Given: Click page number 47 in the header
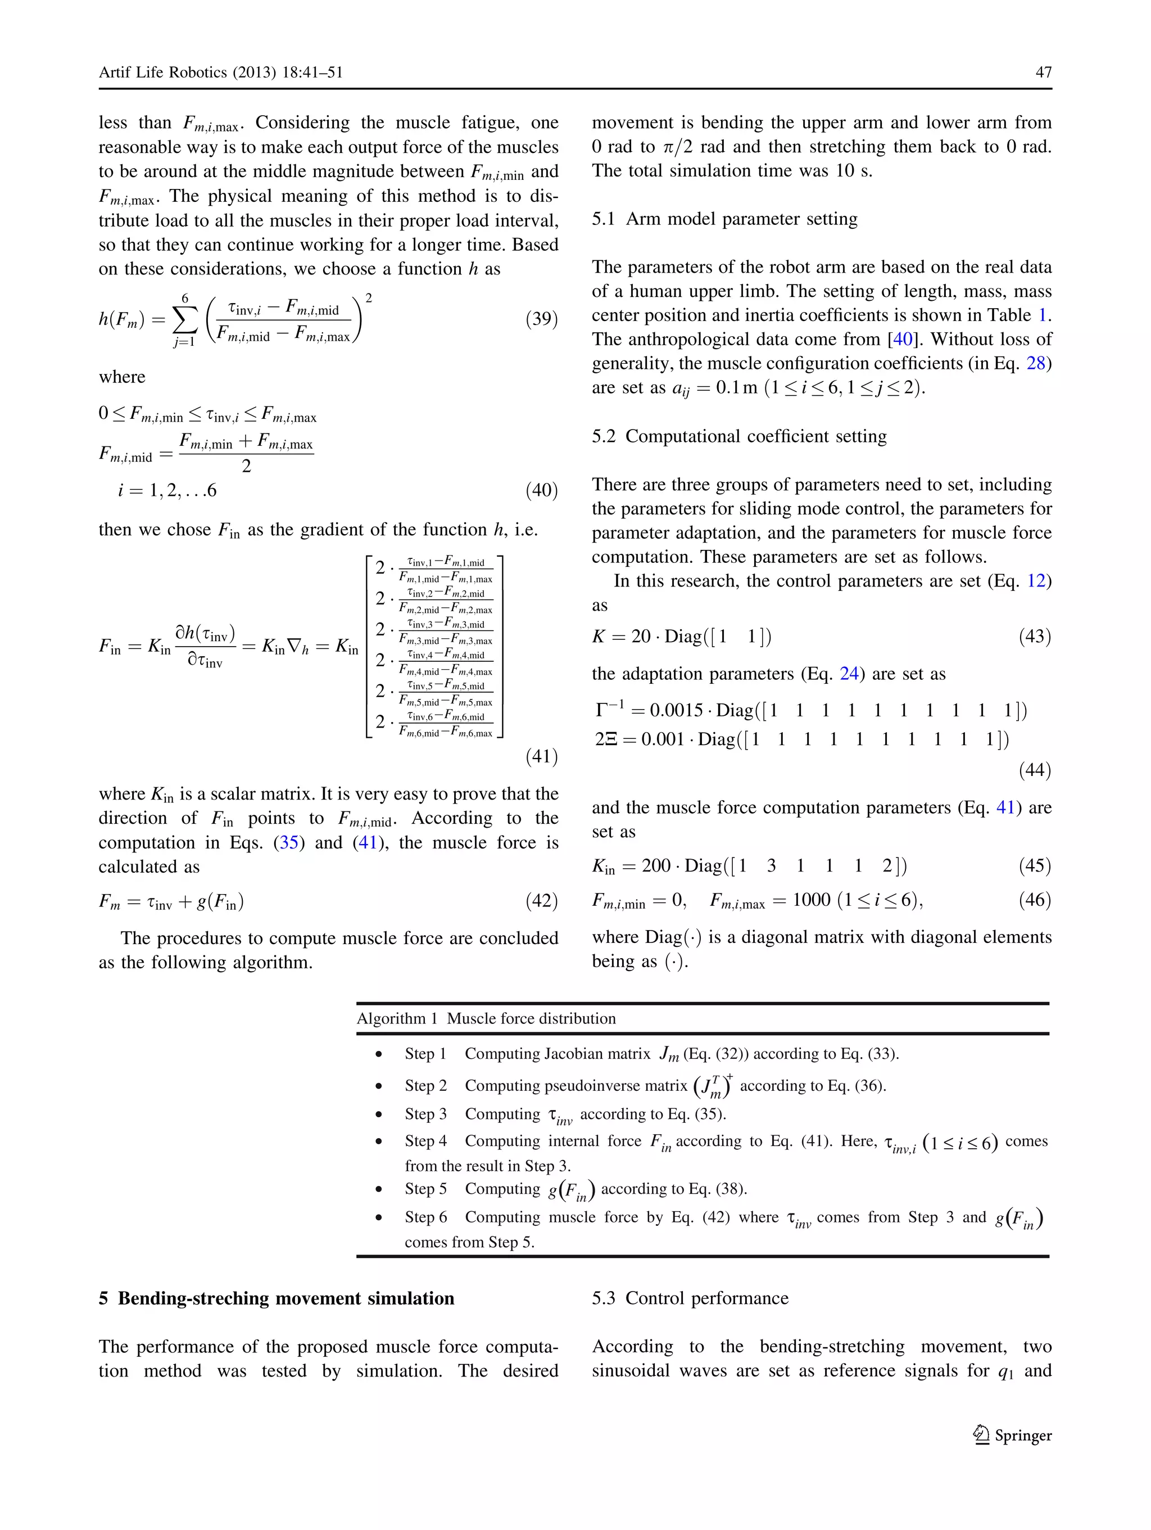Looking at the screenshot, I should click(1043, 72).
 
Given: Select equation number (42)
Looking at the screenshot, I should click(541, 901).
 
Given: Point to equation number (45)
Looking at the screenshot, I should click(1034, 865).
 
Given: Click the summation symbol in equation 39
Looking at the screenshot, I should click(184, 319).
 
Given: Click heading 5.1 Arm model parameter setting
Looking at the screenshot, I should click(724, 219).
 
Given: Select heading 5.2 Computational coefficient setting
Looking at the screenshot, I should click(738, 436).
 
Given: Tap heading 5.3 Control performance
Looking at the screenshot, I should click(689, 1298).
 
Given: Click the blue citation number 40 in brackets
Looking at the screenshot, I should click(903, 339).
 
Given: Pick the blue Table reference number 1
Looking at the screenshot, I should click(1043, 315).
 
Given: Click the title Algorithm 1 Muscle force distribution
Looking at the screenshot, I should click(486, 1018).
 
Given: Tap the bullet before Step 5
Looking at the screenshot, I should click(379, 1190).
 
